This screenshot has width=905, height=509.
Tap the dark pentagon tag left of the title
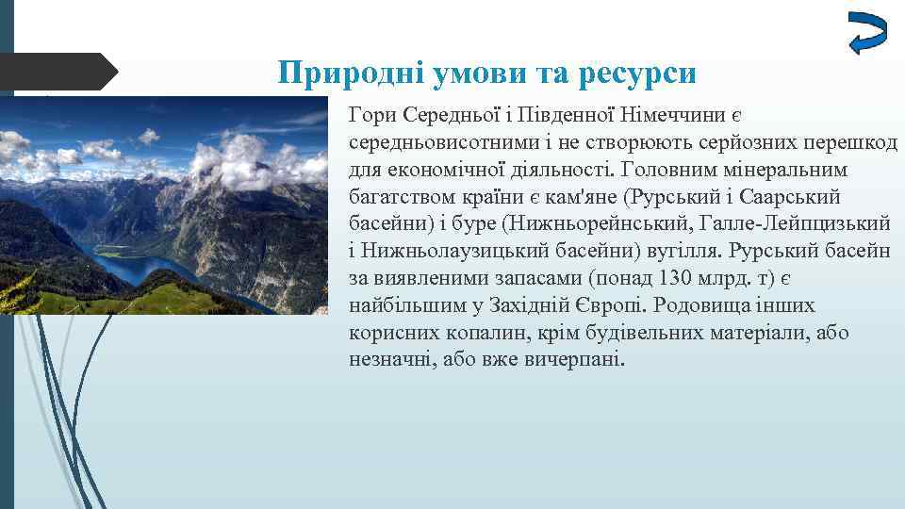[x=57, y=72]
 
